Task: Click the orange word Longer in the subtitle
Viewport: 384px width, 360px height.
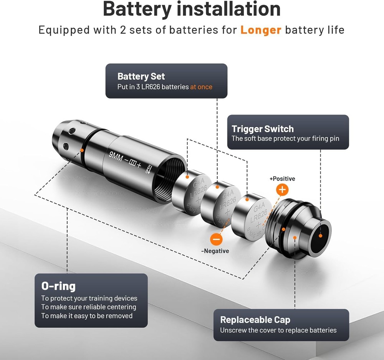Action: (261, 30)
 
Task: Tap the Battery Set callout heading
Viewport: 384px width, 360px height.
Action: (141, 76)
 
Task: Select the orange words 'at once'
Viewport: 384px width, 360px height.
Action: (201, 87)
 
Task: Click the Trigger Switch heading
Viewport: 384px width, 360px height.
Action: (262, 129)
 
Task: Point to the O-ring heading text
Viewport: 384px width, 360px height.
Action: (58, 286)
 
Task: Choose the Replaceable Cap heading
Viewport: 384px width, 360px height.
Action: (255, 320)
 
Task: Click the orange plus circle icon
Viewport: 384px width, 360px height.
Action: (282, 189)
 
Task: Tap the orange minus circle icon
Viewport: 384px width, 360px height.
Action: (217, 239)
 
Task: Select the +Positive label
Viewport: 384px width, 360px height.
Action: (282, 179)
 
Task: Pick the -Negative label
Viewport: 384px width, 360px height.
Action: (215, 251)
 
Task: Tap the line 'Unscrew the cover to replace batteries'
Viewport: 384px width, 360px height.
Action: (278, 330)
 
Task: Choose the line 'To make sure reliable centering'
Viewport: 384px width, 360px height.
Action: (89, 307)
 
